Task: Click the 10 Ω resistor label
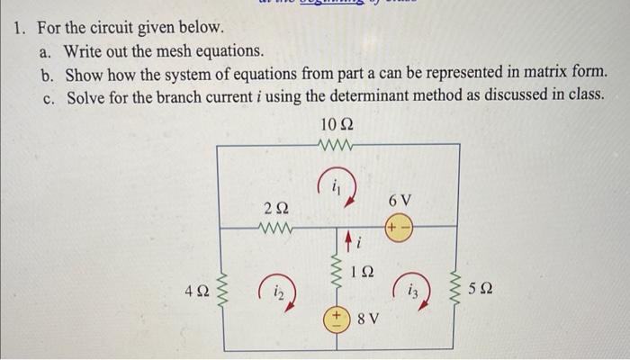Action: coord(338,124)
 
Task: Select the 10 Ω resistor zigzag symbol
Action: coord(338,144)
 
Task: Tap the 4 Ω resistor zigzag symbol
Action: coord(221,291)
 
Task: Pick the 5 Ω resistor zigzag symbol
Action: coord(460,291)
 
